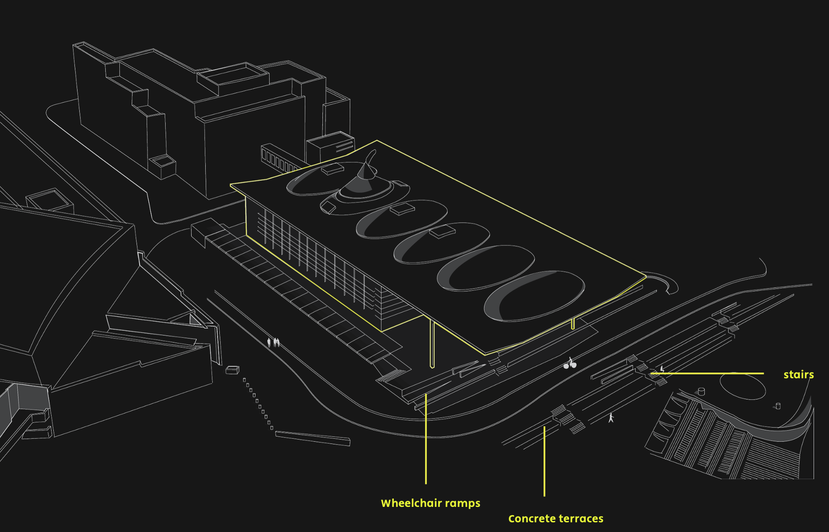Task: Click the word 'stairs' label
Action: click(x=798, y=374)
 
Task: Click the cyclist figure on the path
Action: click(x=570, y=363)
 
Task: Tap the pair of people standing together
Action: click(x=276, y=342)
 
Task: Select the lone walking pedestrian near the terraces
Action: click(x=611, y=417)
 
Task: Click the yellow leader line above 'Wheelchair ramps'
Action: click(x=426, y=440)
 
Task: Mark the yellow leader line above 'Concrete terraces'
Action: click(x=544, y=462)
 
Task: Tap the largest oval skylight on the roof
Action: click(x=534, y=296)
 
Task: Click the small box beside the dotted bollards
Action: click(x=232, y=370)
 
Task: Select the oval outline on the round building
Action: click(x=743, y=386)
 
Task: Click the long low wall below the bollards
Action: click(x=313, y=438)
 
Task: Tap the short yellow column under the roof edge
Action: click(x=573, y=324)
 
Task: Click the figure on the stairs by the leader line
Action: click(x=662, y=369)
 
